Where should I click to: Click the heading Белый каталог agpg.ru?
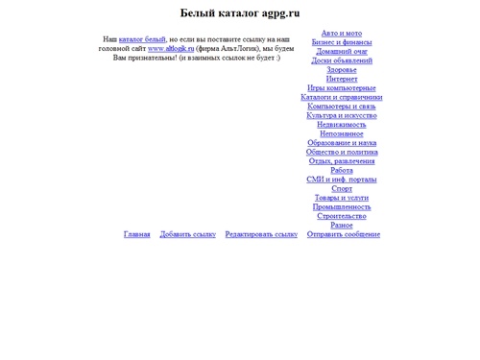click(240, 13)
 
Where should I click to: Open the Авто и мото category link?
click(342, 33)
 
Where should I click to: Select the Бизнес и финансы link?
click(342, 42)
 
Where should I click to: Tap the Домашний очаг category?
click(342, 51)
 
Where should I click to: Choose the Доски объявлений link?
click(342, 60)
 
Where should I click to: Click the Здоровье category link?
click(342, 69)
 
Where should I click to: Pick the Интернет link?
click(342, 79)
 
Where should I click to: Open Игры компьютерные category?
click(342, 87)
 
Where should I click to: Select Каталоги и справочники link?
click(342, 97)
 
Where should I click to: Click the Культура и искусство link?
click(342, 115)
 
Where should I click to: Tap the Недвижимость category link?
click(342, 124)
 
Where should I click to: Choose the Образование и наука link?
click(342, 142)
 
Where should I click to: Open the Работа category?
click(342, 170)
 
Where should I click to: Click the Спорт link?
click(342, 188)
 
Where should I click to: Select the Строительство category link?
click(342, 216)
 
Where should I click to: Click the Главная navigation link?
click(137, 234)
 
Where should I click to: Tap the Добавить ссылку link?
click(188, 234)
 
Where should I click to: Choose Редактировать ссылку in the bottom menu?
click(261, 234)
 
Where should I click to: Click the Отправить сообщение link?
click(344, 234)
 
